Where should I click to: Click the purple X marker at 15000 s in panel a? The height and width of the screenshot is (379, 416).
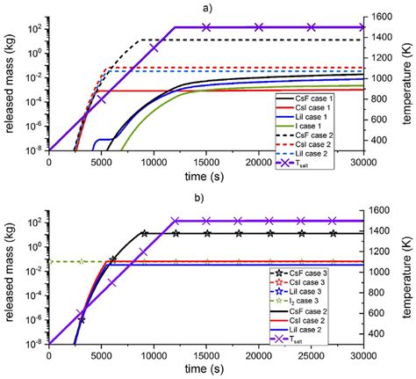[x=206, y=27]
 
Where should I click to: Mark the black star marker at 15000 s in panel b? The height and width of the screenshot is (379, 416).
[x=206, y=233]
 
